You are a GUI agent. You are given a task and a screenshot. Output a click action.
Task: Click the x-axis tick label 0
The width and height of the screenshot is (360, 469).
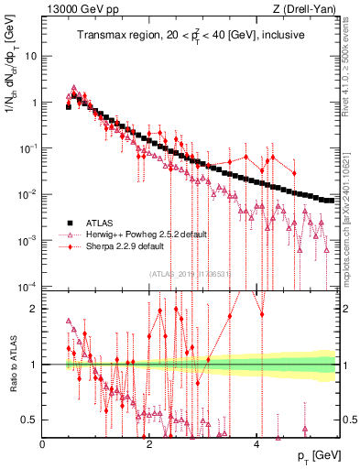43,443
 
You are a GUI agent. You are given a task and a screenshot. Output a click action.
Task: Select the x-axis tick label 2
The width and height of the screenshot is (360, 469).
149,443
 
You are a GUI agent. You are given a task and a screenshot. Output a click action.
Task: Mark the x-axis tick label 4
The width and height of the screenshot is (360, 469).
256,443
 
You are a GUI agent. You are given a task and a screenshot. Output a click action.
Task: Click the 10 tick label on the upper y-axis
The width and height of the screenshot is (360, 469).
30,56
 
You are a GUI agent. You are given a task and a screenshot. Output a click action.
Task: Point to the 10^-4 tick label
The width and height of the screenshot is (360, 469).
27,287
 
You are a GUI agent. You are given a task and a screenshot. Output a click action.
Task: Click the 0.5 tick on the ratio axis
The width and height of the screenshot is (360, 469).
28,420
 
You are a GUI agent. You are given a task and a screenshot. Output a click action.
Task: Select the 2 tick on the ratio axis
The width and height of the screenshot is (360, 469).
34,308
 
